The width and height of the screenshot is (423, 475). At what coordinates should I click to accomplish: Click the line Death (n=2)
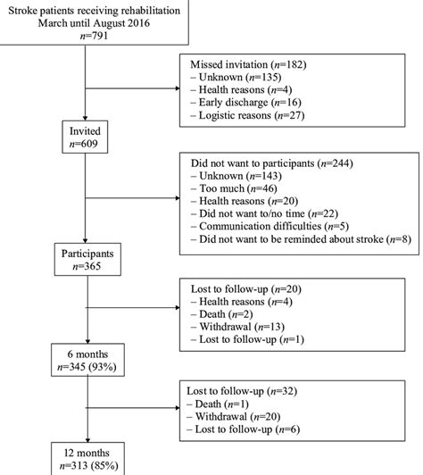coord(226,314)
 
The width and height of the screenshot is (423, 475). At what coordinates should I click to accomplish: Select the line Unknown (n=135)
coord(238,77)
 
